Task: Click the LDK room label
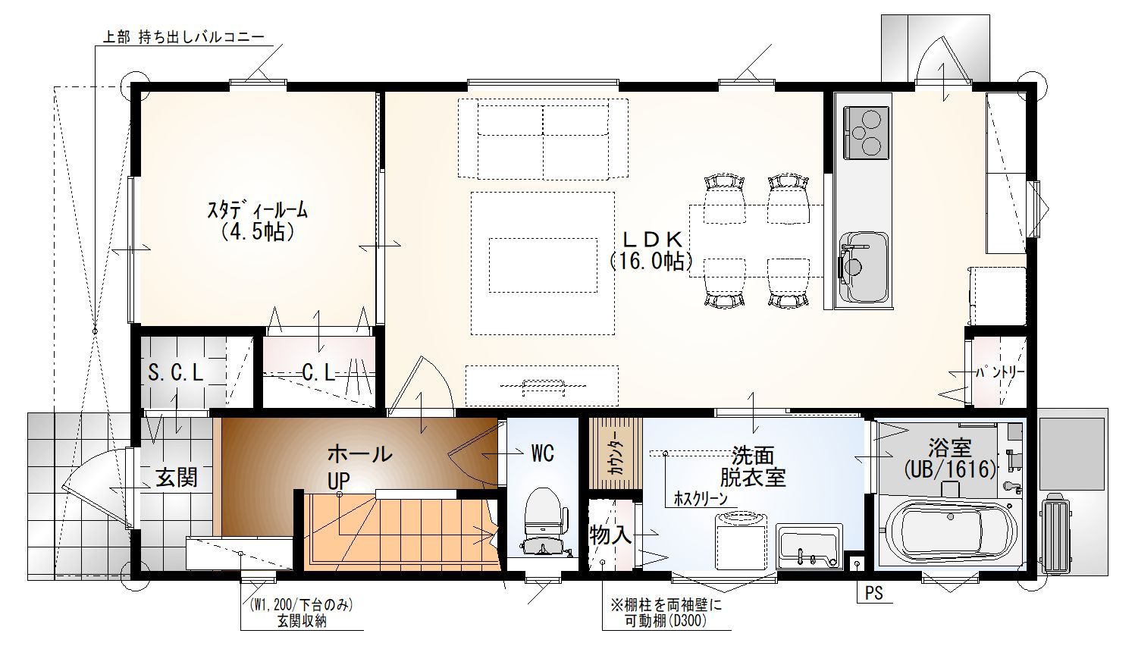[653, 238]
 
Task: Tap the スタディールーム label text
[257, 210]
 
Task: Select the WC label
[543, 453]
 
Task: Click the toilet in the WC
[543, 522]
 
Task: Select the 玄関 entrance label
[177, 477]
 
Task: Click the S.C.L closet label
[175, 373]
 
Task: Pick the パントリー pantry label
[1000, 372]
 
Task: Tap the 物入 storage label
[611, 535]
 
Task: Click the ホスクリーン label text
[701, 499]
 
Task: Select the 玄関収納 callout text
[302, 621]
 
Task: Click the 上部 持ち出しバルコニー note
[183, 37]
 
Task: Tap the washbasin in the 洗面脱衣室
[809, 547]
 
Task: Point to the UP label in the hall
[338, 481]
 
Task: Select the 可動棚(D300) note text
[666, 621]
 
